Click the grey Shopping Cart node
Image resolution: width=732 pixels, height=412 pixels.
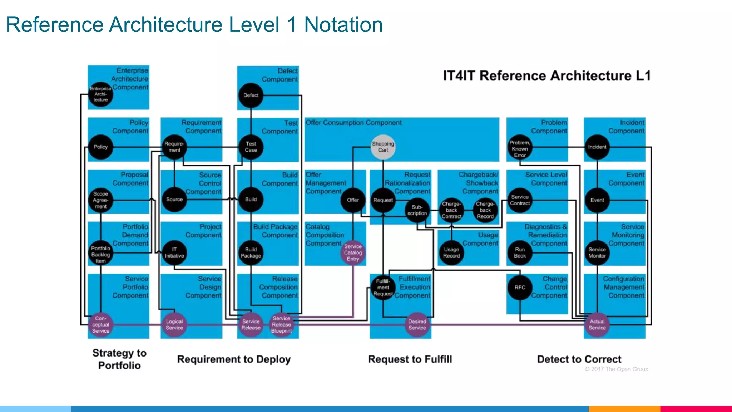(x=383, y=147)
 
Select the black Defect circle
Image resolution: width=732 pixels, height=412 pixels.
(x=251, y=95)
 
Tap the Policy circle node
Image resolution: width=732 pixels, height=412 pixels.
(x=101, y=147)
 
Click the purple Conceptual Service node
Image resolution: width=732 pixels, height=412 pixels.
(x=101, y=325)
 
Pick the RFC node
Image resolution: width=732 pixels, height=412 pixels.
(x=520, y=288)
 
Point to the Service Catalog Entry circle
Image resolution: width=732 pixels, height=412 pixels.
(x=353, y=252)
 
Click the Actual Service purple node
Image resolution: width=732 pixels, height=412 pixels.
(x=597, y=325)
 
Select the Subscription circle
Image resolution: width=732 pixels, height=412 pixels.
(x=417, y=210)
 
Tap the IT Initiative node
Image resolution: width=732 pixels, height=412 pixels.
(x=174, y=252)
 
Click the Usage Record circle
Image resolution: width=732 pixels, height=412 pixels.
(x=451, y=252)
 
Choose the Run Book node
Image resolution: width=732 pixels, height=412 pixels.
(x=520, y=252)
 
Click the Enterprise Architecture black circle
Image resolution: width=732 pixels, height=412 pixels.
(x=101, y=94)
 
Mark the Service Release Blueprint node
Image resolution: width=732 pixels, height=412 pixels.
(x=282, y=325)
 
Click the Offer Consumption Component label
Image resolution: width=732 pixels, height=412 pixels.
(x=353, y=123)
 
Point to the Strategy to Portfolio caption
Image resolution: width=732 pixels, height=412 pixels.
(x=119, y=359)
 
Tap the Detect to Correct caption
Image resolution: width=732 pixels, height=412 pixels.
(x=579, y=359)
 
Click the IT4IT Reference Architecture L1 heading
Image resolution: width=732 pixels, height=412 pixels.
(x=546, y=76)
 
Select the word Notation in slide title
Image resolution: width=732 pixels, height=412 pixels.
(x=343, y=25)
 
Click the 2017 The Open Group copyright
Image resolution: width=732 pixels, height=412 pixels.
(x=617, y=369)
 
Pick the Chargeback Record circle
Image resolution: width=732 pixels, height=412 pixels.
(x=485, y=210)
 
